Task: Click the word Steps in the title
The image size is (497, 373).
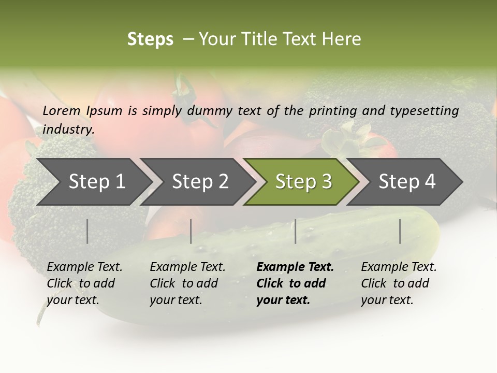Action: (150, 39)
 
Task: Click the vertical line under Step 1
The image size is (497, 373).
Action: (87, 231)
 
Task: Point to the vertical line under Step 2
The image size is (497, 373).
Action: (191, 231)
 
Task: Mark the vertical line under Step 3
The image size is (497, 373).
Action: (296, 231)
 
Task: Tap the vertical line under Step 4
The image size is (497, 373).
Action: (400, 231)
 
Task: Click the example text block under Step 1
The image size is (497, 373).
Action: (84, 283)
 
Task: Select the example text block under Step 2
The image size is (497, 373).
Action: (187, 283)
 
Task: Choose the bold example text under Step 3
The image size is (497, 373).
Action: (295, 283)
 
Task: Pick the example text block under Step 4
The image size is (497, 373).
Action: (399, 283)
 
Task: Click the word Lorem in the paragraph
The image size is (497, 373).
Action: (62, 110)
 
